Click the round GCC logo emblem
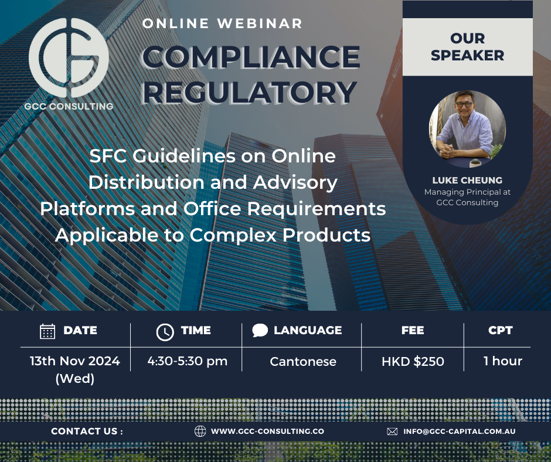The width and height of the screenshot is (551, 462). click(69, 58)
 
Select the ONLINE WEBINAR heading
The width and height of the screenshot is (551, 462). click(223, 23)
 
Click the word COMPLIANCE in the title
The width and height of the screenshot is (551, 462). click(251, 57)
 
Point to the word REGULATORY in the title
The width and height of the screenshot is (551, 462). click(250, 91)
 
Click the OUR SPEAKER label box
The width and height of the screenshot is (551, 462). click(468, 47)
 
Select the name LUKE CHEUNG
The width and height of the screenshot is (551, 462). click(467, 180)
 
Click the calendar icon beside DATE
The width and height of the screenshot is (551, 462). click(47, 331)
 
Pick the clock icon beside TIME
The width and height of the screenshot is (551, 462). click(165, 332)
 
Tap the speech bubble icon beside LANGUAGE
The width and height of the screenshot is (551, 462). click(260, 330)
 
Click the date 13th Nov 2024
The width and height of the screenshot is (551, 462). click(75, 361)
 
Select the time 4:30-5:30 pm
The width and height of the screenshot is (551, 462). click(188, 361)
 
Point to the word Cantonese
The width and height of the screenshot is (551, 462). click(303, 362)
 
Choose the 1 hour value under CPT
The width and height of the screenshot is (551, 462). click(502, 361)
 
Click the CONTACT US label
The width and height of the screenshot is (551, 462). click(87, 431)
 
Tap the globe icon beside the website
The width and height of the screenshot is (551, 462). click(200, 431)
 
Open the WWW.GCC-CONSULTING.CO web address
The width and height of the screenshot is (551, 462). click(267, 431)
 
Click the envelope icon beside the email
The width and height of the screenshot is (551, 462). click(392, 431)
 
